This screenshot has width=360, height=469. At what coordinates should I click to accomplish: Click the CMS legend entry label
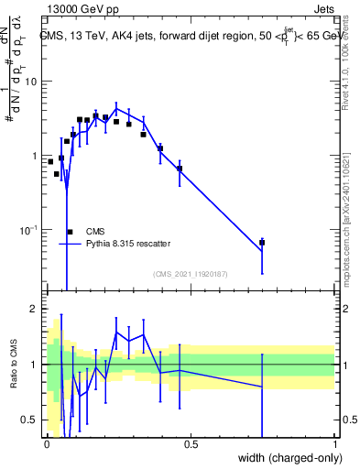tap(96, 232)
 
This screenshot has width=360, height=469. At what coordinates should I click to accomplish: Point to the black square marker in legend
tap(71, 232)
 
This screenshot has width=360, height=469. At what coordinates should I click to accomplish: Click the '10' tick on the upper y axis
tap(31, 82)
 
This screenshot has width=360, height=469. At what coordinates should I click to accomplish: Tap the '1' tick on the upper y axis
tap(34, 156)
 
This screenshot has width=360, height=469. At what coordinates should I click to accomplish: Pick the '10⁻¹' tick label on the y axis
tap(28, 230)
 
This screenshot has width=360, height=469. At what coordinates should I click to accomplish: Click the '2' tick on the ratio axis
tap(34, 309)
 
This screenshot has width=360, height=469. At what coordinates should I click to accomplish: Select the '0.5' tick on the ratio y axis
tap(29, 420)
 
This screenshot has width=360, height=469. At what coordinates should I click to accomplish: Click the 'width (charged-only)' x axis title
tap(285, 458)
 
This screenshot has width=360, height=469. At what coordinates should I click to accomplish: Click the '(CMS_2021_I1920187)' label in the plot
tap(190, 274)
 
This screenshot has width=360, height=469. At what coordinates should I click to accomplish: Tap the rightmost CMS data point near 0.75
tap(262, 243)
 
